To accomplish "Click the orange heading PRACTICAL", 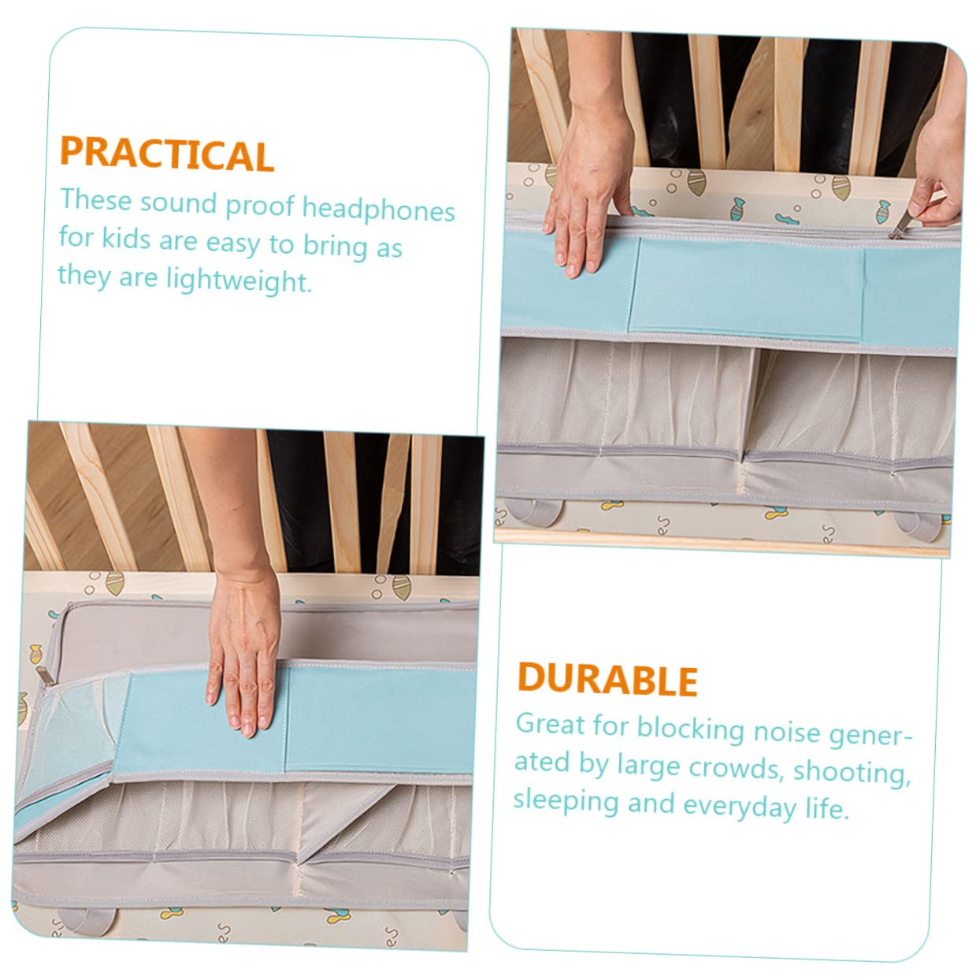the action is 167,154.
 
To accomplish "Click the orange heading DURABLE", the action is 607,679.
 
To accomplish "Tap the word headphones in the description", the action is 378,209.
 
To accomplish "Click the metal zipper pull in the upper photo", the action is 902,225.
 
